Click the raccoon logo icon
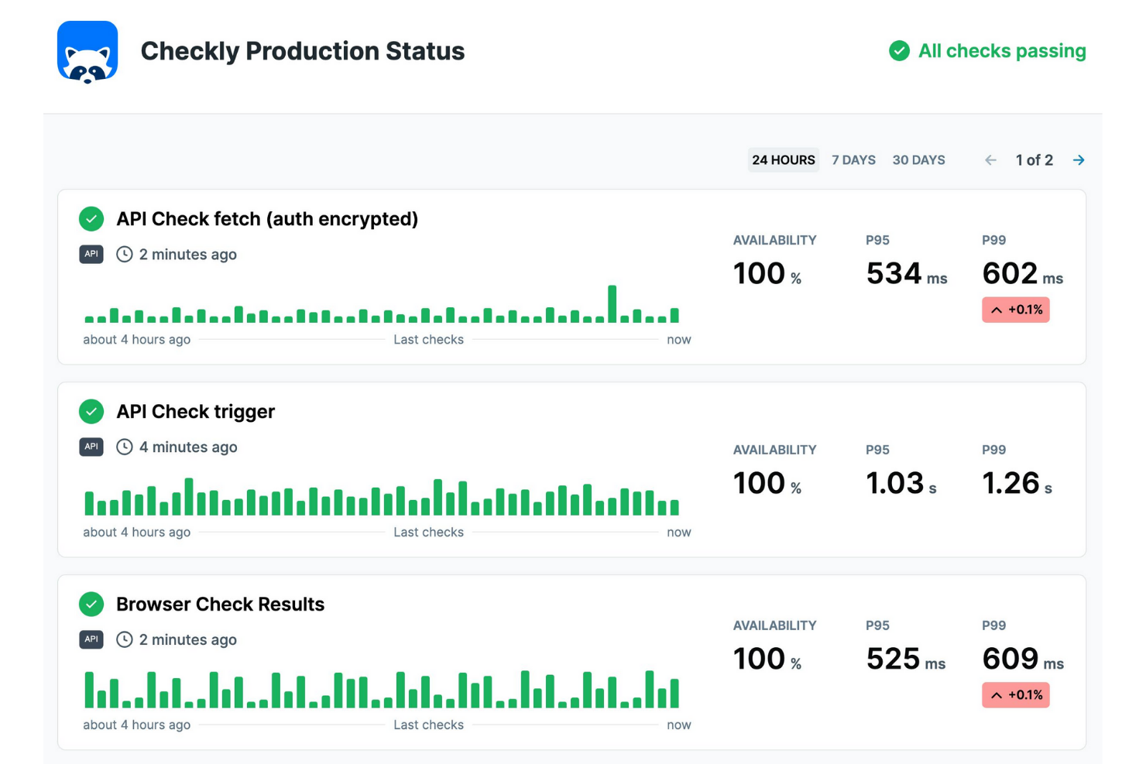coord(87,52)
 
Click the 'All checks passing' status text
coord(1001,51)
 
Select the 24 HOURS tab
coord(783,160)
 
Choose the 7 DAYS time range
coord(853,160)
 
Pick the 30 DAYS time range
coord(918,160)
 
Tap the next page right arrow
coord(1079,160)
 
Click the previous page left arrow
coord(990,160)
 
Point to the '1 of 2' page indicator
coord(1034,160)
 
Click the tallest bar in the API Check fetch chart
coord(612,304)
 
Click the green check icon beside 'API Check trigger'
coord(91,412)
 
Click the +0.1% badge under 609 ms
coord(1015,695)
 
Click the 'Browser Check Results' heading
coord(220,605)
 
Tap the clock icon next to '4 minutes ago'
coord(125,447)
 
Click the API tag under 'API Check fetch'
coord(91,254)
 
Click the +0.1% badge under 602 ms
coord(1015,310)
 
